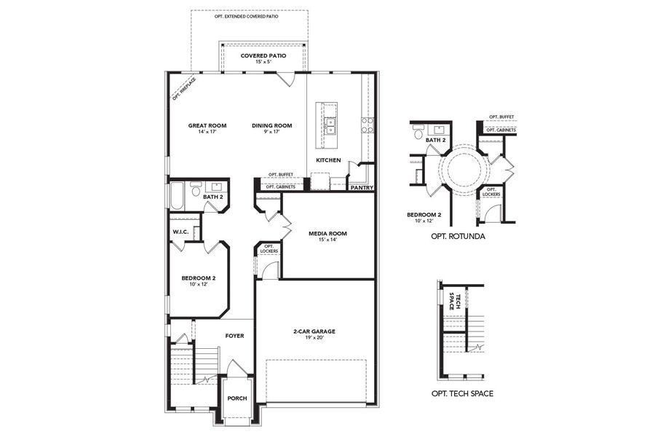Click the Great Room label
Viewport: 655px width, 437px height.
click(207, 125)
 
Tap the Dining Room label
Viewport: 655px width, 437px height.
click(271, 125)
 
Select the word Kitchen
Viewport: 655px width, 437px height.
click(327, 160)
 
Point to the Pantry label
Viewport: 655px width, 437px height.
click(362, 187)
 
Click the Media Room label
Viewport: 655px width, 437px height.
click(327, 234)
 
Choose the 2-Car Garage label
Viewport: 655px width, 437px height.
click(314, 331)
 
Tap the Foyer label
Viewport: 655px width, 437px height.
click(234, 336)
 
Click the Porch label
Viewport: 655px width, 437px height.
click(237, 398)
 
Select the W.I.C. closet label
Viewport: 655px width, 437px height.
click(181, 232)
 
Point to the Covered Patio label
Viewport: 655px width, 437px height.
click(263, 55)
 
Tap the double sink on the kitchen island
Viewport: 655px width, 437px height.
click(330, 126)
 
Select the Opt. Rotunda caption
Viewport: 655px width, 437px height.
click(458, 237)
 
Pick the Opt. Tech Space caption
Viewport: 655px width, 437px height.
click(462, 393)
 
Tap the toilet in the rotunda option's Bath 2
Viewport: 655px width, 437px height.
click(418, 133)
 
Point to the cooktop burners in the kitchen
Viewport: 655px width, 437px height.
click(368, 125)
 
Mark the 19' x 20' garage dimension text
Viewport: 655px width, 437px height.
click(314, 339)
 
